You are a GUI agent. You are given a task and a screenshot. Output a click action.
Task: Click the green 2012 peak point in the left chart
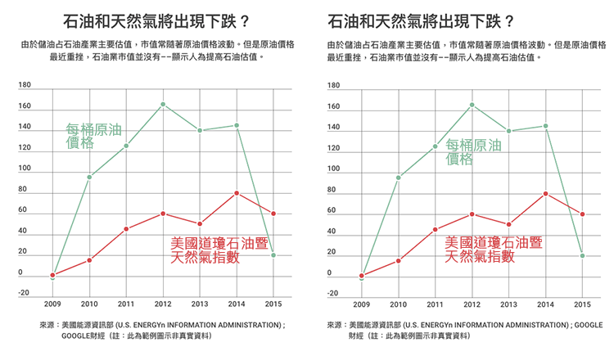pyautogui.click(x=163, y=104)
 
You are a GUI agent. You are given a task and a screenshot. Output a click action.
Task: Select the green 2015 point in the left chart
pyautogui.click(x=273, y=255)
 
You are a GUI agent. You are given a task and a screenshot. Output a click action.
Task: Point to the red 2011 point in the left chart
pyautogui.click(x=126, y=229)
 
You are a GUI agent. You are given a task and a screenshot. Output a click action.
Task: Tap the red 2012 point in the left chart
pyautogui.click(x=163, y=214)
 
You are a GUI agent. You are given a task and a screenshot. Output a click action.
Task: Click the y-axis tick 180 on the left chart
pyautogui.click(x=25, y=85)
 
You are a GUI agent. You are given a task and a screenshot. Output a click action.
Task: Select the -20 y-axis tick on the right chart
pyautogui.click(x=333, y=293)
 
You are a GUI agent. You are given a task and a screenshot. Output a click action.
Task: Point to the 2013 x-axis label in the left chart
pyautogui.click(x=200, y=304)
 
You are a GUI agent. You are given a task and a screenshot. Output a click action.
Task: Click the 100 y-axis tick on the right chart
pyautogui.click(x=334, y=169)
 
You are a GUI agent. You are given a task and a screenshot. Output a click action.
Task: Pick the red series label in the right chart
pyautogui.click(x=493, y=250)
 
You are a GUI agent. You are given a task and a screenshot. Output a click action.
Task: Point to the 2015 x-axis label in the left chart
pyautogui.click(x=273, y=304)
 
